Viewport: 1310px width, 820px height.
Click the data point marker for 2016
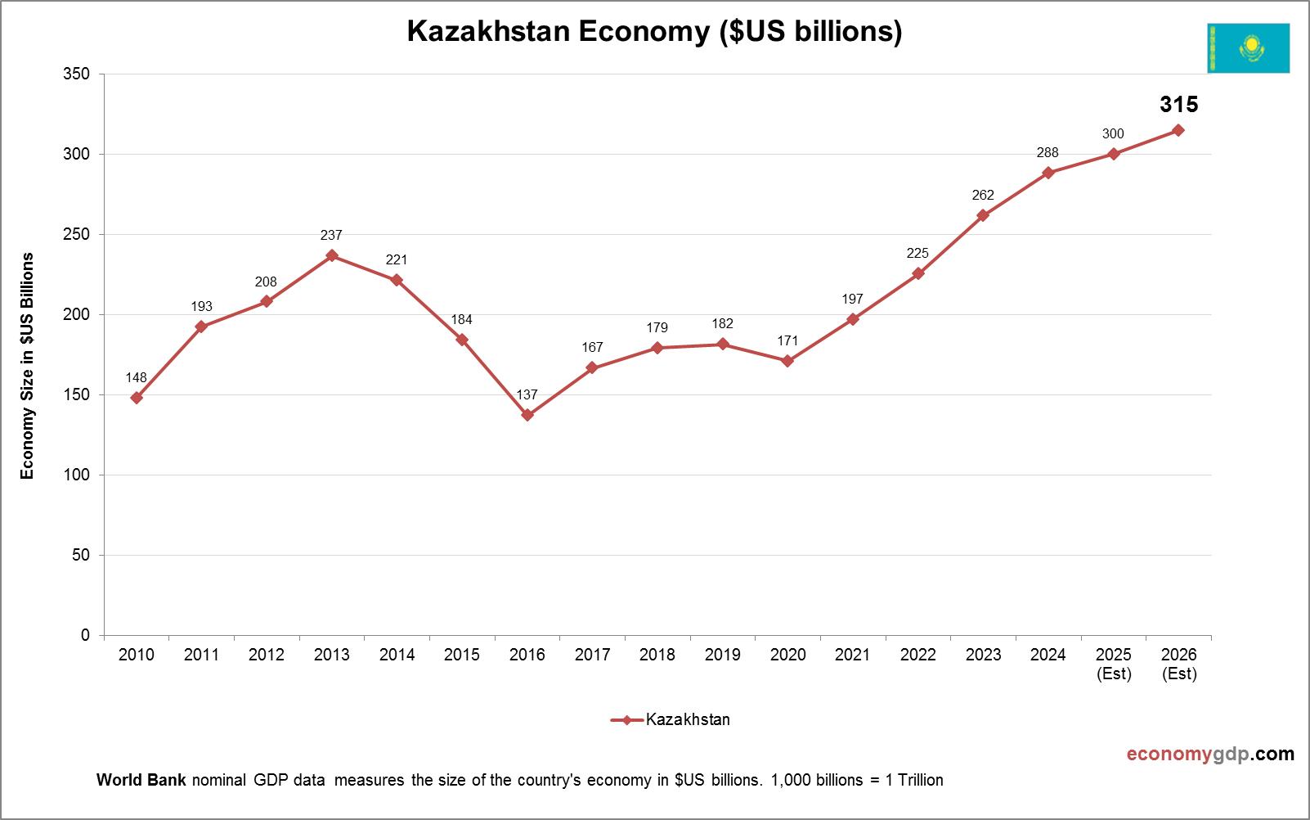527,415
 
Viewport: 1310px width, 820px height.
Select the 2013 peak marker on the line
332,255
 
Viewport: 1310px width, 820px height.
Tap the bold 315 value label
1178,105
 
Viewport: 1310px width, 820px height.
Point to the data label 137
527,395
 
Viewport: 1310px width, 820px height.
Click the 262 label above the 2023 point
983,195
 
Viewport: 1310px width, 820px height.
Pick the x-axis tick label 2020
787,655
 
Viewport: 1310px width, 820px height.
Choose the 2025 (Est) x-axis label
1113,664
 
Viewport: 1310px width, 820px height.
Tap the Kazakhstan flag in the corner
1248,48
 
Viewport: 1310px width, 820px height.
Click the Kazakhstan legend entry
671,720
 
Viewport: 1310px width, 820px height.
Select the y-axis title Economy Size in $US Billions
28,366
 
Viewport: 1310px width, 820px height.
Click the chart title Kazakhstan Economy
654,31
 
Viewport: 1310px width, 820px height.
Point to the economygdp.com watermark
1210,754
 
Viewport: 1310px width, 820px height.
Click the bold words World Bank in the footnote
141,780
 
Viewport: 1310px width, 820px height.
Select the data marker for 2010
137,398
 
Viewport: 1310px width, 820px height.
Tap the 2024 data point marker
1048,173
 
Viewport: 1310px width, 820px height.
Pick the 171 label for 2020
787,340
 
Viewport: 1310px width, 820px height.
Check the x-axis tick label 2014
397,655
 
